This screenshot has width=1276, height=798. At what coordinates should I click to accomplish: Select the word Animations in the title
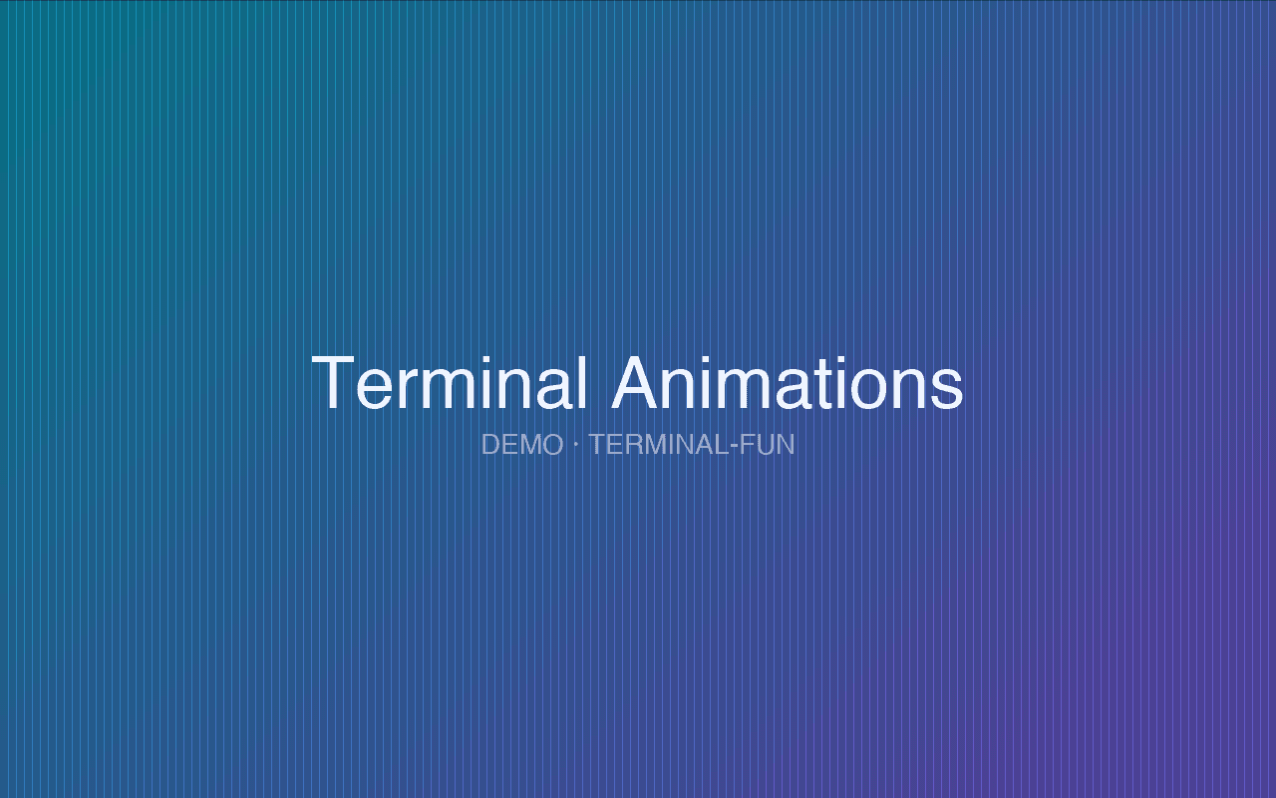(x=788, y=383)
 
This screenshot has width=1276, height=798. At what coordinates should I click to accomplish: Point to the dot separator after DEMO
(x=576, y=444)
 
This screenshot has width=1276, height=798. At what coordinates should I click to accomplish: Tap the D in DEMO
(x=490, y=445)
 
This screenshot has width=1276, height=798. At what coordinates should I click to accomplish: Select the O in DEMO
(x=552, y=445)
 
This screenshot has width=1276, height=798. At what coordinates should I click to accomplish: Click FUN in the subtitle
(x=768, y=445)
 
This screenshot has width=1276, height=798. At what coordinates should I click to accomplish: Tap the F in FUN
(x=748, y=445)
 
